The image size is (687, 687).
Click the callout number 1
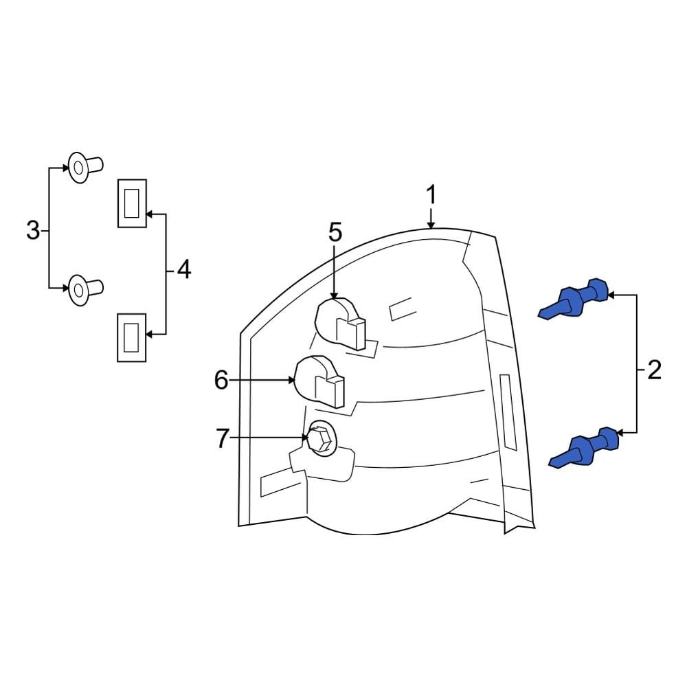(431, 195)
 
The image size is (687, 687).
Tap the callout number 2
(653, 372)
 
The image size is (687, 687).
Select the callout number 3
(32, 231)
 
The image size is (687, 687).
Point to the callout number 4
(183, 270)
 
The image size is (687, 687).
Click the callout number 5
(335, 232)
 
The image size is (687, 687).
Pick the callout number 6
(221, 380)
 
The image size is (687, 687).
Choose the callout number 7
(221, 438)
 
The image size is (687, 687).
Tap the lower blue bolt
(585, 449)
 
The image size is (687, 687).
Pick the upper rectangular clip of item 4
(132, 203)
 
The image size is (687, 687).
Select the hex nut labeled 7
(319, 438)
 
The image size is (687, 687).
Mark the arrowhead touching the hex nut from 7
(306, 438)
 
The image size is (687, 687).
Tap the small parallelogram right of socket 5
(401, 308)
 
